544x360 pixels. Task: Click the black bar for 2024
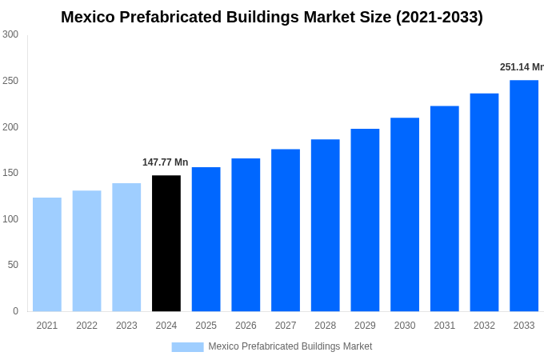[x=166, y=243]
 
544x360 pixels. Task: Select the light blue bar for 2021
[x=47, y=254]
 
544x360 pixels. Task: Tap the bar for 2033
[x=524, y=196]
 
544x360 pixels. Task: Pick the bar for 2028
[x=326, y=226]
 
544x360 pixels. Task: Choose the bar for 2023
[x=126, y=247]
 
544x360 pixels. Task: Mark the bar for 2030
[x=405, y=214]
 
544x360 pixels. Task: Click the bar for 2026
[x=246, y=235]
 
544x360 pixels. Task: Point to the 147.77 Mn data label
[x=165, y=162]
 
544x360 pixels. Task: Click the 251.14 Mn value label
[x=521, y=67]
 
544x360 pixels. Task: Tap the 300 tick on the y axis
[x=10, y=34]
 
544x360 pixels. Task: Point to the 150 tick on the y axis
[x=10, y=173]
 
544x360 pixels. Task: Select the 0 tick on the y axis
[x=15, y=311]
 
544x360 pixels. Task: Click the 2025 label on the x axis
[x=206, y=326]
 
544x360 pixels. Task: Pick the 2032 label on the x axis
[x=484, y=326]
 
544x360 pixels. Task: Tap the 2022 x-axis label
[x=86, y=326]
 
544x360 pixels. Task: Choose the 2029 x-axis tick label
[x=365, y=326]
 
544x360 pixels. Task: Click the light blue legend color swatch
[x=187, y=346]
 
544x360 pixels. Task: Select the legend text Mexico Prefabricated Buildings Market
[x=290, y=346]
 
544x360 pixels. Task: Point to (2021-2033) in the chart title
[x=439, y=17]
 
